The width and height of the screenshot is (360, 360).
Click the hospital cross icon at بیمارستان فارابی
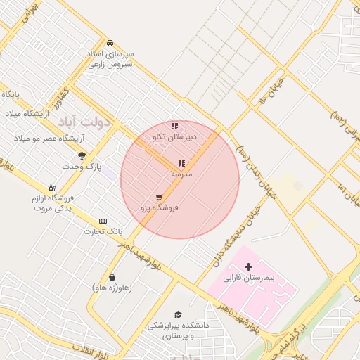click(x=248, y=266)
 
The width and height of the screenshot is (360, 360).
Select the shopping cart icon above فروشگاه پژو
click(x=159, y=198)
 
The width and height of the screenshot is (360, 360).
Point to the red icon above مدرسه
click(x=181, y=163)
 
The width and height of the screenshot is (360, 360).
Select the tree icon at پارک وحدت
click(x=82, y=155)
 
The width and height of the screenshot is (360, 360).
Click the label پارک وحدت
click(x=82, y=167)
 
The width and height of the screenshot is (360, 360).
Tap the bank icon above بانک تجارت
click(x=103, y=221)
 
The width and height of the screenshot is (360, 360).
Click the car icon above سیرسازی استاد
click(x=110, y=43)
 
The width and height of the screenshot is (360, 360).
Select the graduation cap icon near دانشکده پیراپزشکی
click(x=178, y=314)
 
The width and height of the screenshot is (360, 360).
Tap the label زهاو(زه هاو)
click(x=112, y=288)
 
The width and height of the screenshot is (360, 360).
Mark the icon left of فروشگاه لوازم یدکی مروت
click(x=51, y=188)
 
